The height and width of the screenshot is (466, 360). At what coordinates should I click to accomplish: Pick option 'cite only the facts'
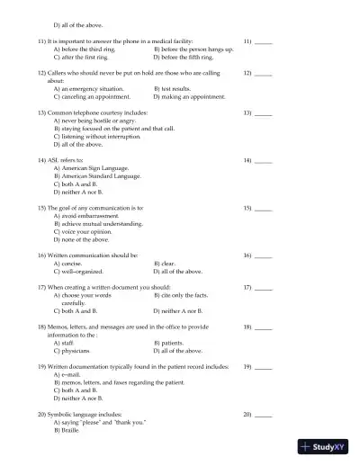[184, 295]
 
